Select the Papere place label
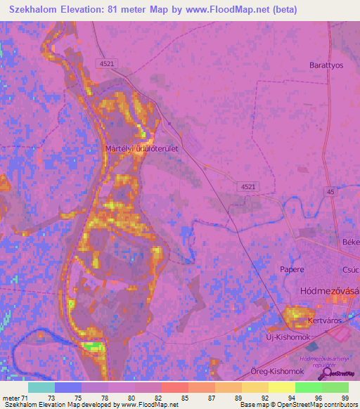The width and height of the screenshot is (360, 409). point(292,269)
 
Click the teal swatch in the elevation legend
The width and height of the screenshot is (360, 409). point(41,387)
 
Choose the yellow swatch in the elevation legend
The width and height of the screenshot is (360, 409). point(282,387)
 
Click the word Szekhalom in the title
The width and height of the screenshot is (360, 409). point(36,10)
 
